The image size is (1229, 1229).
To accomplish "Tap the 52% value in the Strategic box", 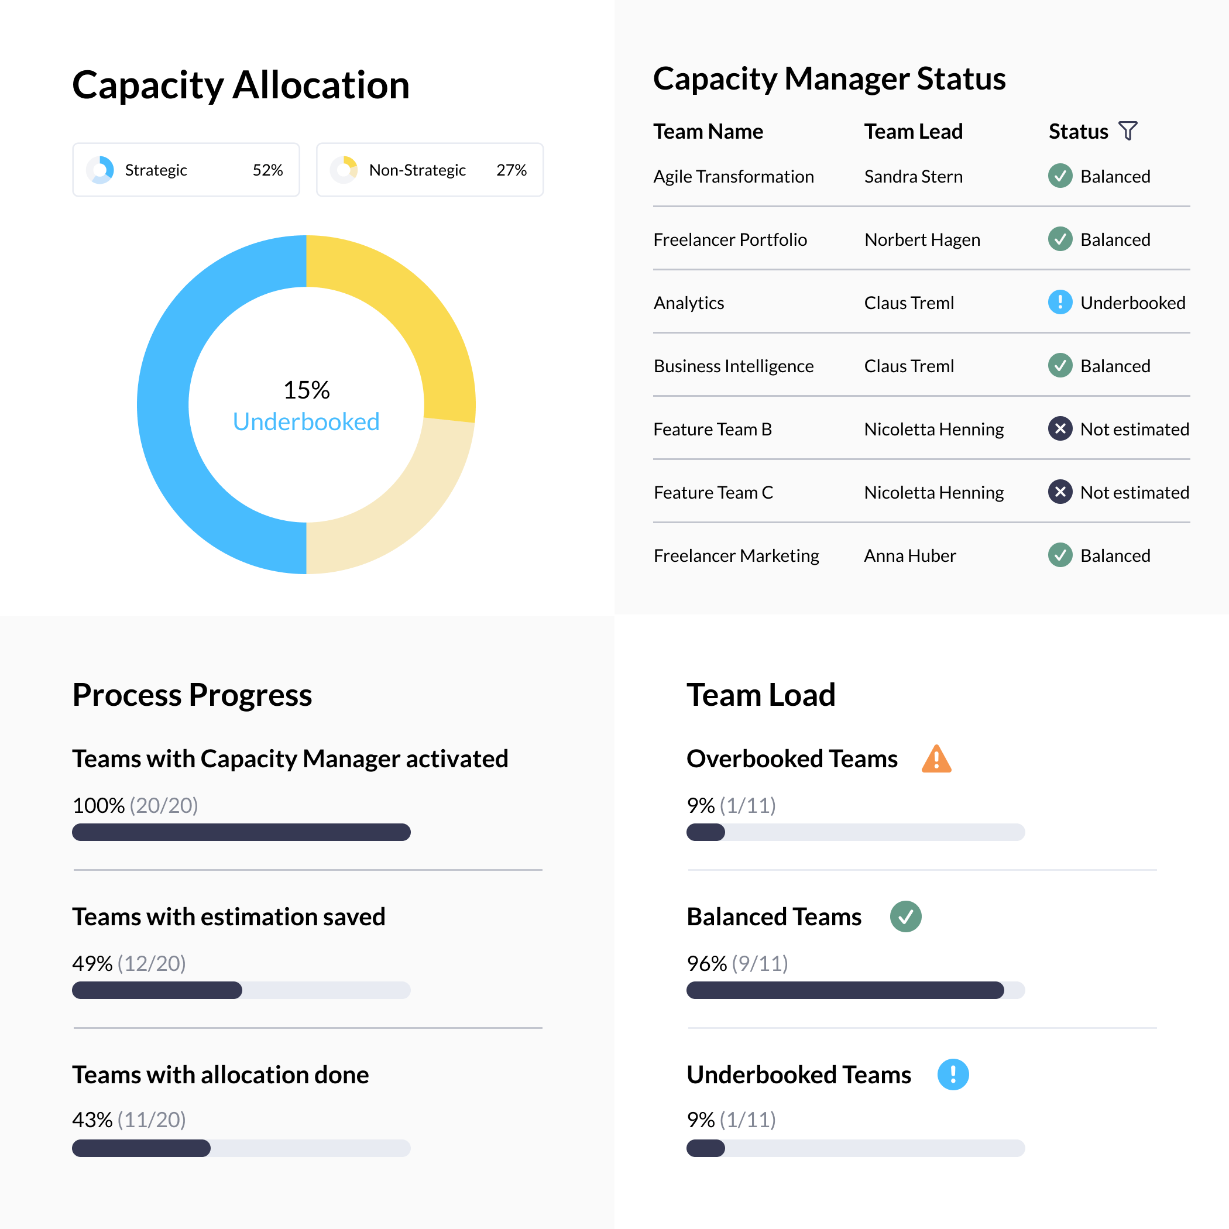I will click(267, 170).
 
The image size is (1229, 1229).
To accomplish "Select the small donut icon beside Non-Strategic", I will click(344, 170).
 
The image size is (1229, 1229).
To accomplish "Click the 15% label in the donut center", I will click(306, 390).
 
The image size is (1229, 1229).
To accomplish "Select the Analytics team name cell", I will click(689, 303).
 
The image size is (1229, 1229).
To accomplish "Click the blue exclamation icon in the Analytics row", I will click(1060, 302).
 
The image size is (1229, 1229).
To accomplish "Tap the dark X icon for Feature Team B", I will click(1060, 429).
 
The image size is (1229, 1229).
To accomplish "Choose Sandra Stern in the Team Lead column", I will click(914, 176).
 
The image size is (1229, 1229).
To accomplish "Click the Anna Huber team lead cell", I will click(909, 556).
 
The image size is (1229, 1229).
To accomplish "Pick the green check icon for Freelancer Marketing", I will click(1060, 555).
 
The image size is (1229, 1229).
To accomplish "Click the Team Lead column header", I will click(914, 131).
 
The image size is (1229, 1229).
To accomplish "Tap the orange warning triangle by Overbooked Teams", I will click(936, 759).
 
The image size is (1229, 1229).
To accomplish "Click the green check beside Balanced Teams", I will click(905, 916).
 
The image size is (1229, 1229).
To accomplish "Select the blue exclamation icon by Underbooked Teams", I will click(953, 1074).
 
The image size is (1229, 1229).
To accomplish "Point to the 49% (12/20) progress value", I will click(129, 963).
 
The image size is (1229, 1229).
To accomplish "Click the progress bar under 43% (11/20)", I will click(241, 1148).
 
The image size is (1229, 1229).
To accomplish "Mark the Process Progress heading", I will click(192, 695).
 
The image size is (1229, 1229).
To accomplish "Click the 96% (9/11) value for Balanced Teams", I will click(737, 963).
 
